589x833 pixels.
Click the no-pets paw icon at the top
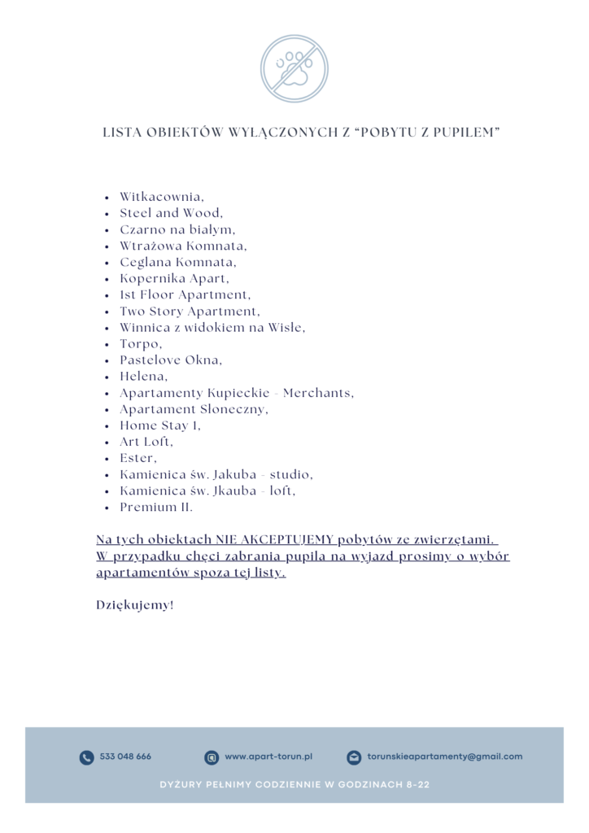click(x=294, y=68)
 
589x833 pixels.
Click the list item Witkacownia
click(x=162, y=197)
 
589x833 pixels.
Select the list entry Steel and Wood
click(x=171, y=213)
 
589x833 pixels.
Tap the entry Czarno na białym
click(x=177, y=229)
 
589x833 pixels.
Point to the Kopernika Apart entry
click(x=174, y=278)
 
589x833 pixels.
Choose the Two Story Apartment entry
click(x=190, y=312)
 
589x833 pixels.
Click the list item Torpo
click(x=141, y=344)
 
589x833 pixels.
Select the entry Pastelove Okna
click(x=171, y=360)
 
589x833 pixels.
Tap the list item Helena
click(x=144, y=377)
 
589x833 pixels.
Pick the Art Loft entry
click(x=146, y=442)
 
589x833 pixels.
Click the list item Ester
click(x=138, y=459)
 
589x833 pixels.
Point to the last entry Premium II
click(x=156, y=508)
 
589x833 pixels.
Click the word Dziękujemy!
click(x=135, y=605)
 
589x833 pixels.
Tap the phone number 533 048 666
click(x=125, y=757)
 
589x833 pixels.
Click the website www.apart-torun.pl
click(x=268, y=757)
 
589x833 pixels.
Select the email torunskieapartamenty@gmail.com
click(x=444, y=757)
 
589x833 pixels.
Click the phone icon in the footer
click(x=86, y=757)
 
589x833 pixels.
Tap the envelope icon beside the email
click(x=354, y=757)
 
